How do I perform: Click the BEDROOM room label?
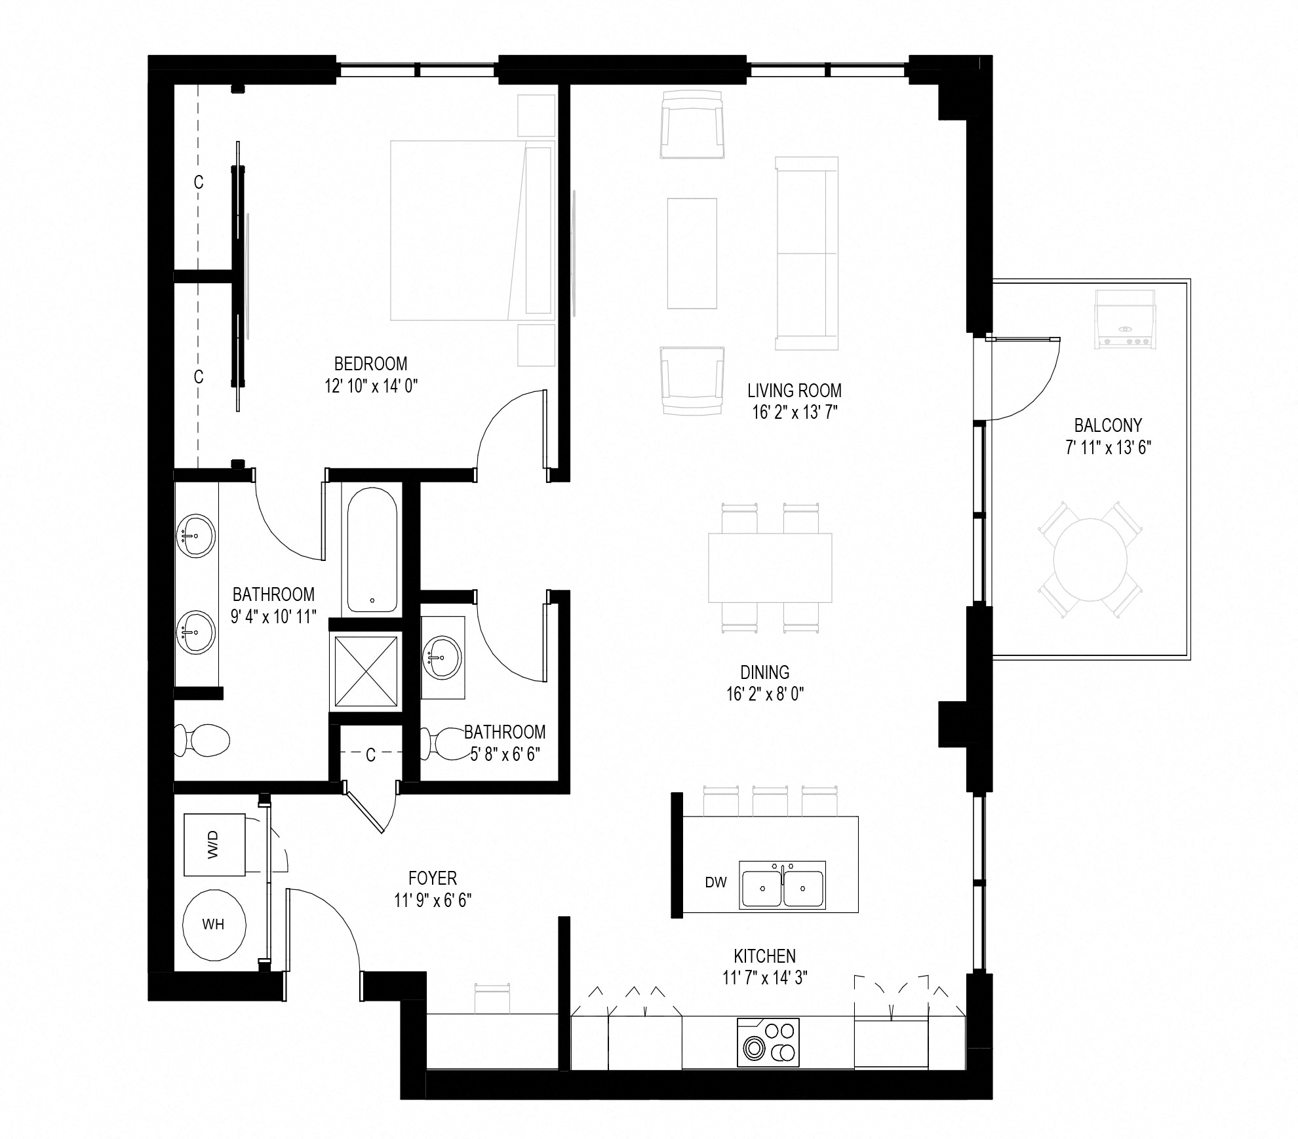coord(370,364)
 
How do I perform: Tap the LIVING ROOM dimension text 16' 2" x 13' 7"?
coord(795,412)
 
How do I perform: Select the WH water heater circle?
coord(214,924)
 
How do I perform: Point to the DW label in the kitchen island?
coord(716,882)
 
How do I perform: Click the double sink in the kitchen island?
coord(782,885)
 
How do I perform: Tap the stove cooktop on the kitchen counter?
coord(768,1043)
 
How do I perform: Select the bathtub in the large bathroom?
coord(372,549)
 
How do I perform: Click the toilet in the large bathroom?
coord(203,741)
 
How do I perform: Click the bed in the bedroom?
coord(472,230)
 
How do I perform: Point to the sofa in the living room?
coord(806,254)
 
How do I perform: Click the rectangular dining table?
coord(770,568)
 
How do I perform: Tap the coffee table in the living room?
coord(692,254)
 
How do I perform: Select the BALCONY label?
coord(1108,425)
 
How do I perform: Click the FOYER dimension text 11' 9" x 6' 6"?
coord(433,900)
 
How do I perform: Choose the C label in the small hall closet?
coord(370,756)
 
